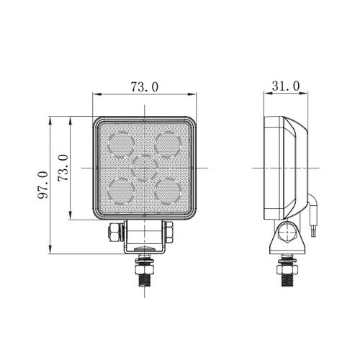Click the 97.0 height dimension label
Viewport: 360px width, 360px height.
coord(43,185)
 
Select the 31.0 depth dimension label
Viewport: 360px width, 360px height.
coord(286,86)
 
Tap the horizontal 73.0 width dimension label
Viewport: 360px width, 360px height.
coord(145,87)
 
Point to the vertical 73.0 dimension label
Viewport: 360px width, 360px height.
coord(63,168)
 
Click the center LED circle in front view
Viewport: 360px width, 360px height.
coord(145,168)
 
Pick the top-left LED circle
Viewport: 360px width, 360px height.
coord(121,145)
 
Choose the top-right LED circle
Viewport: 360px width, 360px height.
coord(168,145)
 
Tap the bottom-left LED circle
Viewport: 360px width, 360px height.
coord(121,192)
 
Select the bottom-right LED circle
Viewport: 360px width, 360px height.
coord(168,192)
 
